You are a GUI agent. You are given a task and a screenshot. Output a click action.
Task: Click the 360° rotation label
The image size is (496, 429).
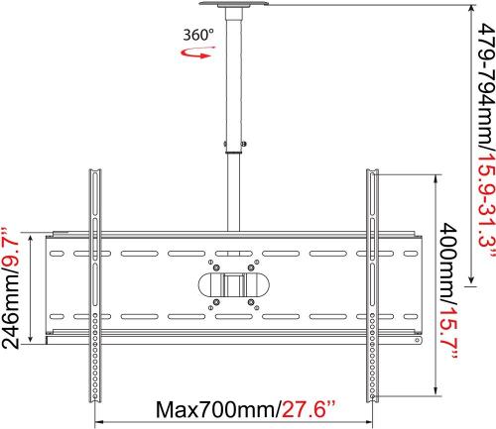click(198, 35)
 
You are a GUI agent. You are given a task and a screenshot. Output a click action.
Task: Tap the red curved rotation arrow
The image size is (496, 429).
click(197, 53)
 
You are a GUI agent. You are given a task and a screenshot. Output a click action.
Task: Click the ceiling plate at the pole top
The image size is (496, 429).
click(234, 4)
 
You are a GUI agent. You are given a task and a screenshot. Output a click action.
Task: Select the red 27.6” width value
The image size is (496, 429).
click(309, 409)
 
